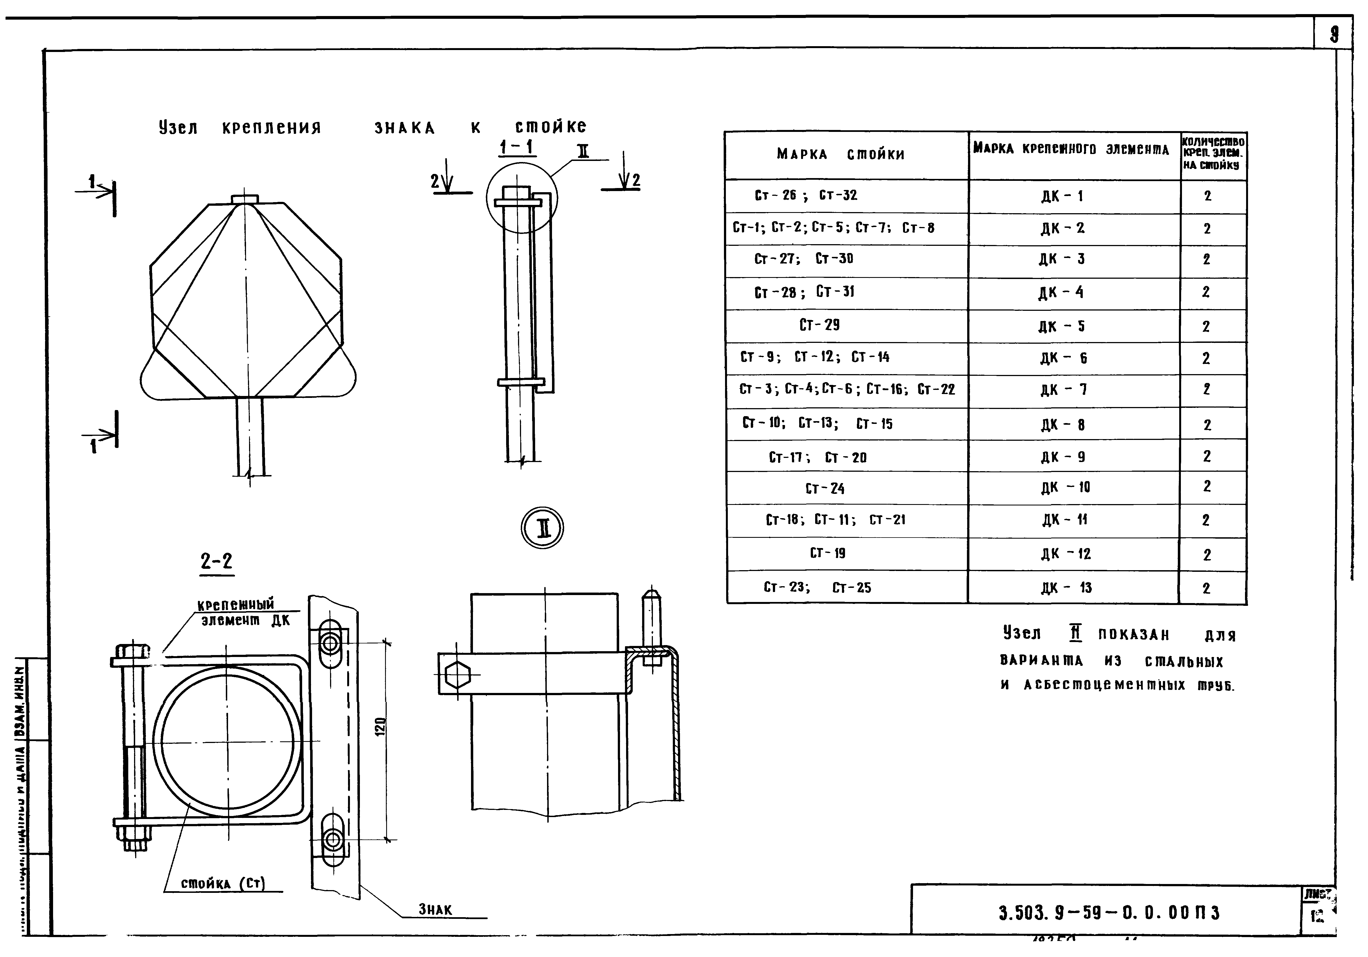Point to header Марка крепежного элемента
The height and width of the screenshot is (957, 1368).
click(x=1071, y=149)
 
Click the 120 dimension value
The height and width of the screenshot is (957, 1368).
click(x=381, y=726)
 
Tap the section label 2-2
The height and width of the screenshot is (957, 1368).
click(x=216, y=561)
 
